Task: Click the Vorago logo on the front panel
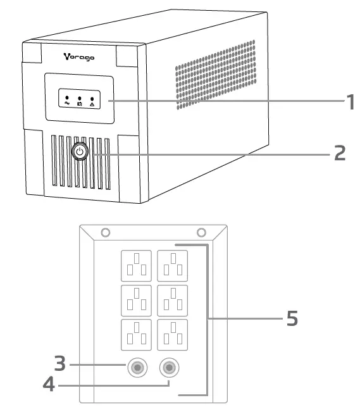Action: (79, 56)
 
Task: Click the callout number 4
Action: (48, 384)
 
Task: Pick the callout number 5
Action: (292, 318)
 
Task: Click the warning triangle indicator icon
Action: (92, 101)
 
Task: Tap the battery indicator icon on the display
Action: (80, 101)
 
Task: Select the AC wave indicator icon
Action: (67, 101)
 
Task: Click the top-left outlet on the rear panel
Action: (137, 265)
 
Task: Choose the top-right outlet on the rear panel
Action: (172, 265)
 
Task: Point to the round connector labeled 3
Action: (137, 367)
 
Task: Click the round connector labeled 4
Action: (169, 367)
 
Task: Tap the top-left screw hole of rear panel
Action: (106, 232)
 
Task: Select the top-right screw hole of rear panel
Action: (201, 232)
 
